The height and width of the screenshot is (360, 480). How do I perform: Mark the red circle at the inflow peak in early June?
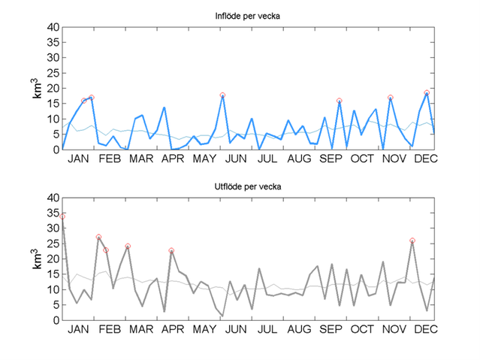(222, 95)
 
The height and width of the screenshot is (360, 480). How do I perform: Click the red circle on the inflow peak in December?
(427, 92)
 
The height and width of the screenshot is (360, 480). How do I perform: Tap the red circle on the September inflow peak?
(340, 101)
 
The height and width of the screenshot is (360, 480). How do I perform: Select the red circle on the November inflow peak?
(391, 98)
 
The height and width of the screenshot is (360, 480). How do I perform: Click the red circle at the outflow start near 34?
(63, 216)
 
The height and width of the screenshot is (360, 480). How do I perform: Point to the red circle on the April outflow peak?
(171, 250)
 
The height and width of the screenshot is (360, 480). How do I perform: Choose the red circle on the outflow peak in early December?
(412, 241)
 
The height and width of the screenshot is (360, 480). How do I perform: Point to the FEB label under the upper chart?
(110, 159)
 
